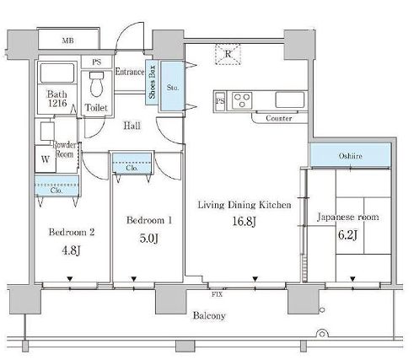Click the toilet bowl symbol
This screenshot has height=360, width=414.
(96, 83)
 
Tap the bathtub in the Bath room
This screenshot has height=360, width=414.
(57, 73)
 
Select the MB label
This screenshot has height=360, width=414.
(68, 40)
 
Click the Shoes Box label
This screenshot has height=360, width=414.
(152, 82)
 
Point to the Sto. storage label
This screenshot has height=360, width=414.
(172, 88)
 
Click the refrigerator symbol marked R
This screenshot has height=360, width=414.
(228, 54)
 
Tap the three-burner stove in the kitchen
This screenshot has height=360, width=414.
(242, 100)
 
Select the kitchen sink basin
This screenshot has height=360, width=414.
(290, 99)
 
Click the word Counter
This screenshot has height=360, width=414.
(278, 118)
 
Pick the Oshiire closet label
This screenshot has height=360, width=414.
(350, 156)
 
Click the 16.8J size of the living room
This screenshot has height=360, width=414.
(244, 222)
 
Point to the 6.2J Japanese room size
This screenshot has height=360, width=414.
(347, 234)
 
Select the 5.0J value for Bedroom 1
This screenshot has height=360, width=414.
(148, 239)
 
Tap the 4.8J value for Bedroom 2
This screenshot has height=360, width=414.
(72, 250)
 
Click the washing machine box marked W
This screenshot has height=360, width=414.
(46, 159)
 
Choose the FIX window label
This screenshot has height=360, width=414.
(217, 294)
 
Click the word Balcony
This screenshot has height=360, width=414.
(209, 315)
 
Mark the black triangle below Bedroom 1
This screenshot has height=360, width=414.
(134, 279)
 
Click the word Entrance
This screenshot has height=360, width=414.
(130, 72)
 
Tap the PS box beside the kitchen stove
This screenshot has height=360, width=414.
(220, 100)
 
